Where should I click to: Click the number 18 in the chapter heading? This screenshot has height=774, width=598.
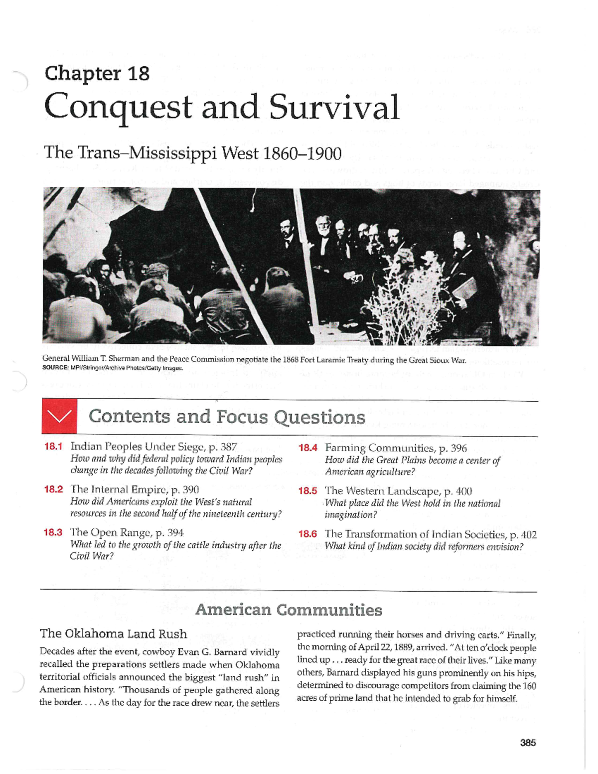click(x=138, y=74)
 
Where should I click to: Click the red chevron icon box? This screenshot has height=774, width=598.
click(x=59, y=416)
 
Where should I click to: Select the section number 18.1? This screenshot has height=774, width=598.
click(x=53, y=447)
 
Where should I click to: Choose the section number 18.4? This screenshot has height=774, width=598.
click(x=307, y=448)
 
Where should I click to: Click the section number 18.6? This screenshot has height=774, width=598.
click(x=307, y=534)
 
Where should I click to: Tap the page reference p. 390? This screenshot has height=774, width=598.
click(x=185, y=489)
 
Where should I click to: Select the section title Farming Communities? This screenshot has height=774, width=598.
click(x=379, y=448)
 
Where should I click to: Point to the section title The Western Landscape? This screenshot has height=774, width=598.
click(x=382, y=491)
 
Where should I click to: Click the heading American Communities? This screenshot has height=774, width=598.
click(x=289, y=610)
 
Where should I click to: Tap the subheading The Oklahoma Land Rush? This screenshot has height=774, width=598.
click(x=113, y=634)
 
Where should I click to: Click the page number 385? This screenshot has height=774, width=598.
click(x=528, y=743)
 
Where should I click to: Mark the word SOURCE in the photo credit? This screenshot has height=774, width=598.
click(x=55, y=368)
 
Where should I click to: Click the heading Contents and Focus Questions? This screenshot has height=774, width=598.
click(x=227, y=417)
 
